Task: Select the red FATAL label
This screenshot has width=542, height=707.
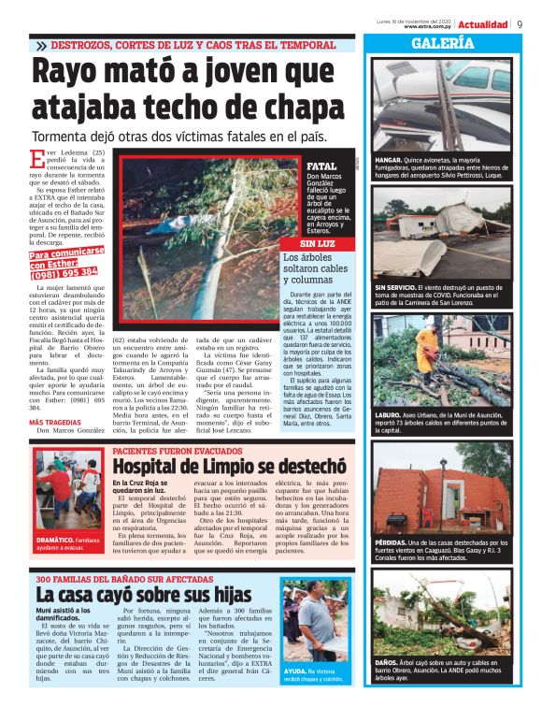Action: coord(321,166)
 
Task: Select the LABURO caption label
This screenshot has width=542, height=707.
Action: coord(389,412)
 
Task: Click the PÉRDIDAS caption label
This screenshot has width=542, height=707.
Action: coord(392,543)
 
